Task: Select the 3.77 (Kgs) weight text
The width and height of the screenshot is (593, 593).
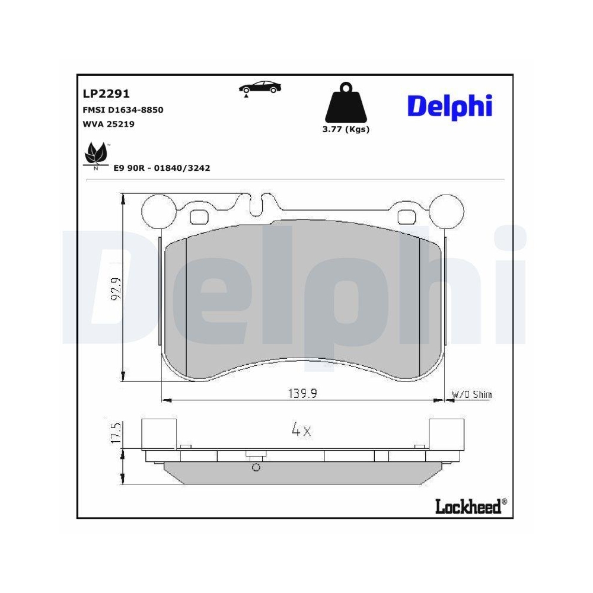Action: pyautogui.click(x=345, y=129)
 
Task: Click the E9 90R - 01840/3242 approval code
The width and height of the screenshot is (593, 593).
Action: pyautogui.click(x=162, y=168)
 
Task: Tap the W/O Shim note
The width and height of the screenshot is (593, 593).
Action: pyautogui.click(x=471, y=394)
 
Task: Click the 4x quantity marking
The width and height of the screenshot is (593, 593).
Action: pyautogui.click(x=301, y=431)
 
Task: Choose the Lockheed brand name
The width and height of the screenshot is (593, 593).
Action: pyautogui.click(x=468, y=506)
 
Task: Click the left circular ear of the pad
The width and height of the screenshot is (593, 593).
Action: pyautogui.click(x=161, y=211)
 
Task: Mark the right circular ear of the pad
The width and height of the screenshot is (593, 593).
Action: pyautogui.click(x=447, y=211)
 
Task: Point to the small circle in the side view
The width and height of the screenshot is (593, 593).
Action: pyautogui.click(x=256, y=467)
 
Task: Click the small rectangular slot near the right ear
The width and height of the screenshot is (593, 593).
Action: pyautogui.click(x=408, y=215)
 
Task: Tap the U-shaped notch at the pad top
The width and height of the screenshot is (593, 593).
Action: pyautogui.click(x=257, y=205)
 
